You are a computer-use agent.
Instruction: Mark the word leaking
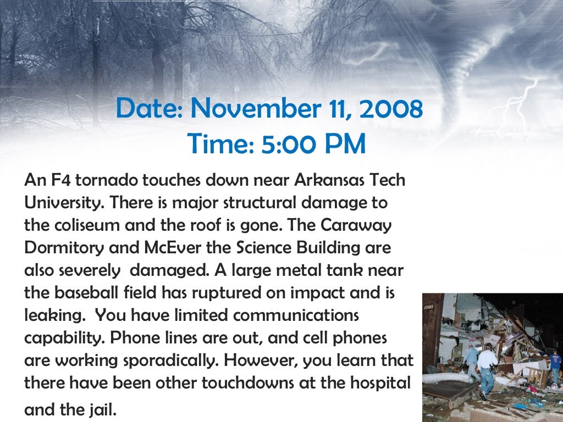pyautogui.click(x=52, y=316)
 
